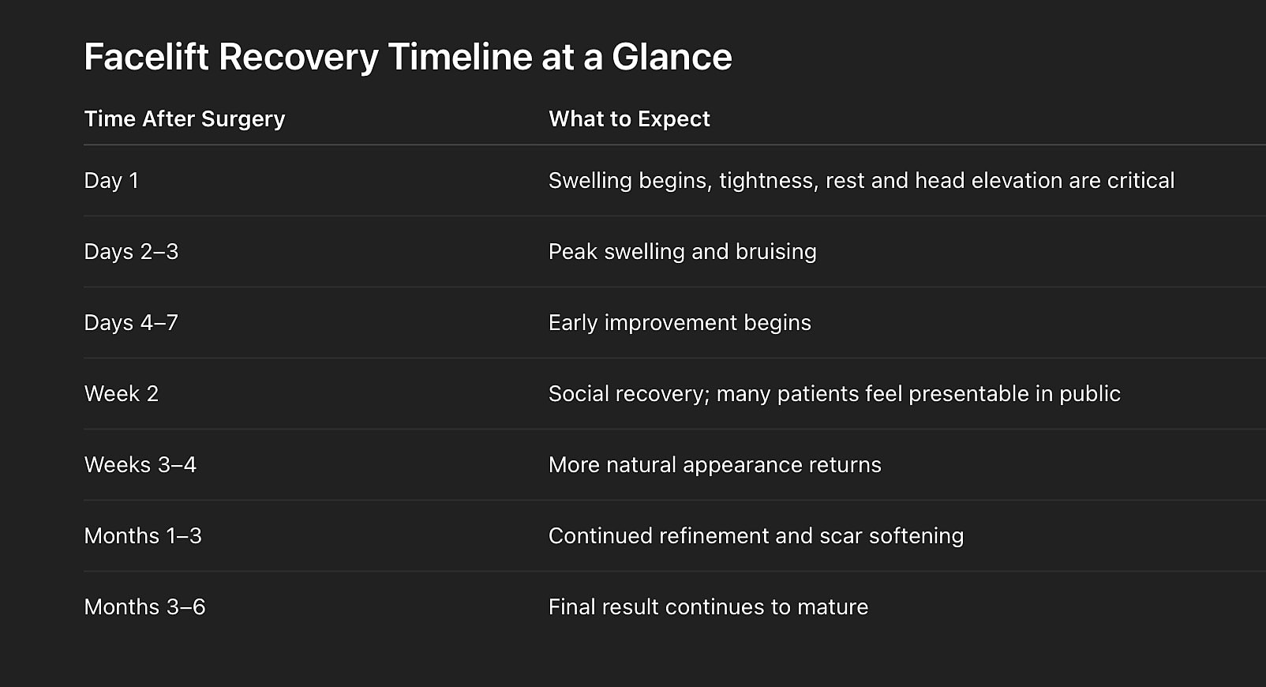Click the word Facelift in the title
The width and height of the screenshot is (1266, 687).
click(x=146, y=58)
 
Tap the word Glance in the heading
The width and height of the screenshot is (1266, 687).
click(x=672, y=58)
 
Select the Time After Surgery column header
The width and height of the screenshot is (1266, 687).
click(x=185, y=119)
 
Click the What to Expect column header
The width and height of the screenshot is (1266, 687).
click(x=629, y=119)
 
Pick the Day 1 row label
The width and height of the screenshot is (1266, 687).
click(x=111, y=181)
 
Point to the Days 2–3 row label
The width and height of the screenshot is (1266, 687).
click(x=131, y=252)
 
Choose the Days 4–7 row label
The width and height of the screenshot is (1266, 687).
click(x=131, y=323)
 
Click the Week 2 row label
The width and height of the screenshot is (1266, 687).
click(x=122, y=394)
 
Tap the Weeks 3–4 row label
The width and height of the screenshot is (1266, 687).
click(x=140, y=465)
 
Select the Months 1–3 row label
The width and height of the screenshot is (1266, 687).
click(x=143, y=536)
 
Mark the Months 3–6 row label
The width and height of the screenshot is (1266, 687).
click(x=144, y=607)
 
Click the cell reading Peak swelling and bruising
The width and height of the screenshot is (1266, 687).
click(x=682, y=252)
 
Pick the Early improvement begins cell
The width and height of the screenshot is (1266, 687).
click(x=680, y=323)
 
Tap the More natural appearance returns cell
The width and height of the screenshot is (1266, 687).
click(x=714, y=465)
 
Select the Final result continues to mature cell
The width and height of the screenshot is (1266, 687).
click(x=708, y=607)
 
